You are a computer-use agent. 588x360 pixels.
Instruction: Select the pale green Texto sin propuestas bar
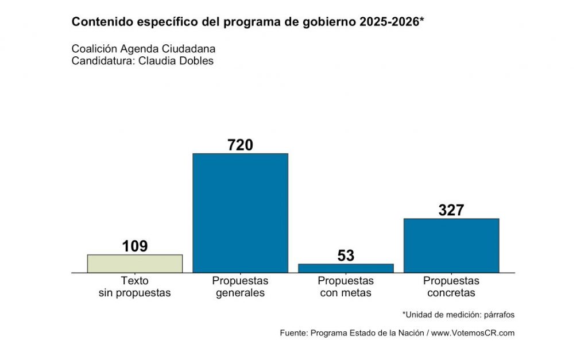[x=135, y=263]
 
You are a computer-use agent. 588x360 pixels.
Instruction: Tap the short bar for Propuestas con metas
[x=346, y=268]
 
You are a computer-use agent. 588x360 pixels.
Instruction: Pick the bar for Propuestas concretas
[x=451, y=245]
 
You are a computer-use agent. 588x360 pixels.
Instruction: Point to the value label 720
[x=240, y=145]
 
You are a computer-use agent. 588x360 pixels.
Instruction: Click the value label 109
[x=135, y=246]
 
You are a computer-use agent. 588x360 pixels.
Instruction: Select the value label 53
[x=346, y=256]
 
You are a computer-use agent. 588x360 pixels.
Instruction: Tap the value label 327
[x=451, y=210]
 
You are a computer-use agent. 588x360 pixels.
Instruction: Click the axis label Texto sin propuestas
[x=135, y=287]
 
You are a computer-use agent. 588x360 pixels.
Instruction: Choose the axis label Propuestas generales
[x=240, y=287]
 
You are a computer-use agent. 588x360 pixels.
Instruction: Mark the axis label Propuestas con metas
[x=346, y=287]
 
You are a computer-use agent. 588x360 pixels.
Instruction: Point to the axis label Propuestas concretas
[x=451, y=287]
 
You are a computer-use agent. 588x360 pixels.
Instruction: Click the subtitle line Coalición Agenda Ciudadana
[x=144, y=49]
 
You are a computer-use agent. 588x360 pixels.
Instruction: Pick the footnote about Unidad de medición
[x=458, y=315]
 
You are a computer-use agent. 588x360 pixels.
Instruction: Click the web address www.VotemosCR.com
[x=473, y=333]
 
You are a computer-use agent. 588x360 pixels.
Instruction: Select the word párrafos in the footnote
[x=500, y=315]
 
